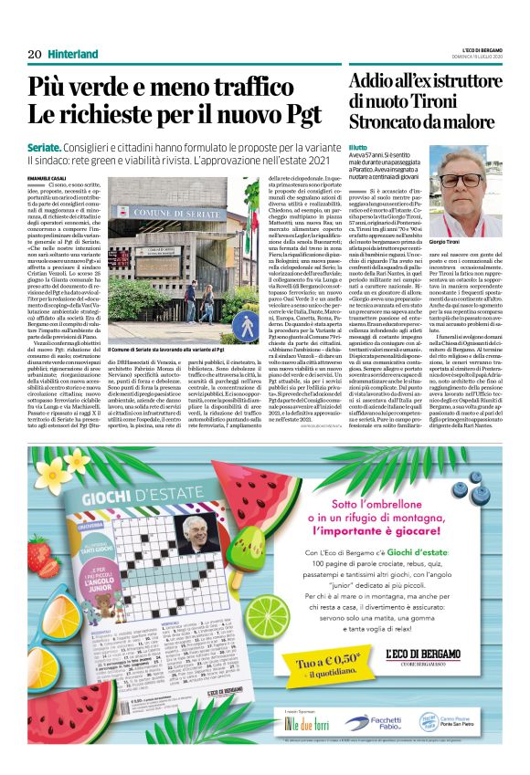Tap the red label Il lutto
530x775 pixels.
point(357,147)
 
